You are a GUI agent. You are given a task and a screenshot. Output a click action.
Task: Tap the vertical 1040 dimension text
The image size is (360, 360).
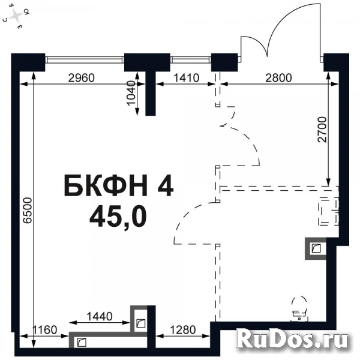point(132,94)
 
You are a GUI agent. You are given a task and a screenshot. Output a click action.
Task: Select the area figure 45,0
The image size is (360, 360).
point(118,218)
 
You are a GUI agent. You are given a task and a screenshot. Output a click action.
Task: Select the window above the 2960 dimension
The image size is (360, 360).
point(85,59)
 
